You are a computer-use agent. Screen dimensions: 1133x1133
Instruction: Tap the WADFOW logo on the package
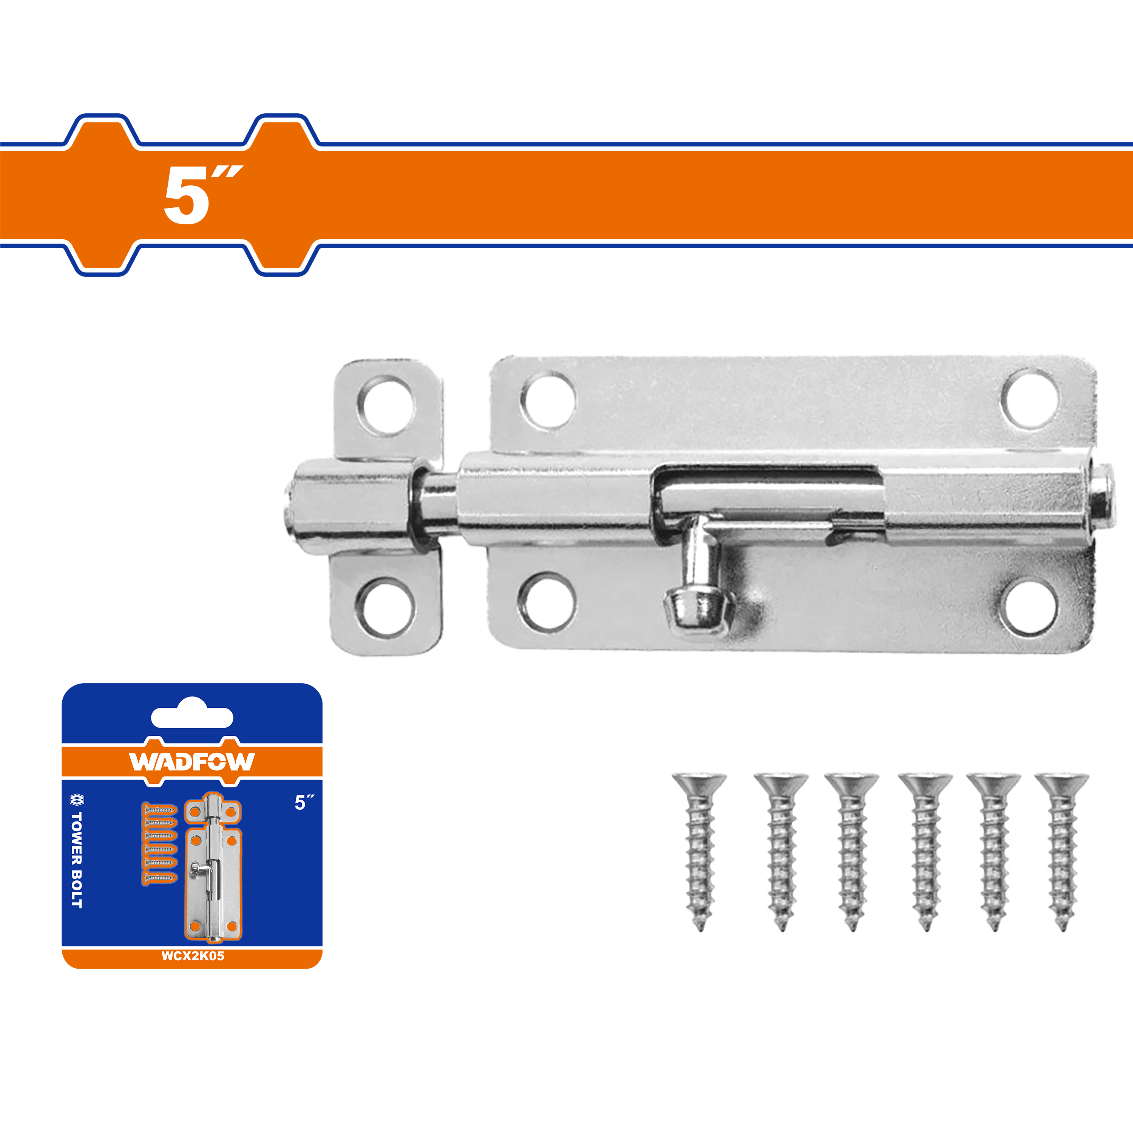(x=192, y=761)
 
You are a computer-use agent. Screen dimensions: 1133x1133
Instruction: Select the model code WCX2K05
(x=193, y=956)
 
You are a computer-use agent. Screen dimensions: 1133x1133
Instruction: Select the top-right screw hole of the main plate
(x=1030, y=398)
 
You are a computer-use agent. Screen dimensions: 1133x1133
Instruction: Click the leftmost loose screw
(x=699, y=852)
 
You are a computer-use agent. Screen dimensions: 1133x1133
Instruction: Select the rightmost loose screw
(x=1062, y=852)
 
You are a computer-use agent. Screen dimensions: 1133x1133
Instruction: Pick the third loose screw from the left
(x=852, y=852)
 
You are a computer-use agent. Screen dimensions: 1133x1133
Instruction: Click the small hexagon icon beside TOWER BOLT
(x=77, y=799)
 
